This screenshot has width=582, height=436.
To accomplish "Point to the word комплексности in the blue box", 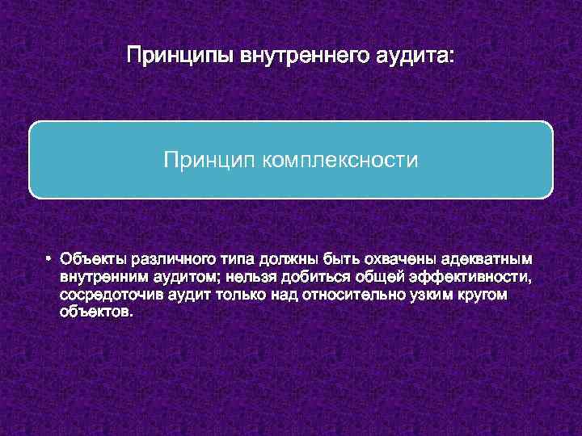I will [x=339, y=160].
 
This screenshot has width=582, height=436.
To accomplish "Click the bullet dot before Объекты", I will [x=48, y=260].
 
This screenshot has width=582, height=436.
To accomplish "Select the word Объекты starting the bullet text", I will [x=91, y=260].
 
